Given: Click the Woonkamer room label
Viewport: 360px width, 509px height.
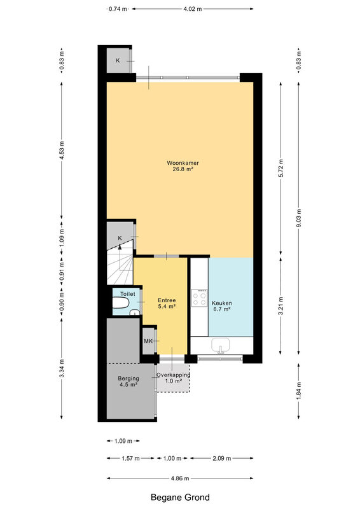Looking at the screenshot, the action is click(x=183, y=163).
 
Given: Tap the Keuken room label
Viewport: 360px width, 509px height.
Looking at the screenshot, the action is click(x=222, y=303).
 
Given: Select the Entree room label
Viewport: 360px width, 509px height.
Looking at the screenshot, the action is click(x=167, y=300).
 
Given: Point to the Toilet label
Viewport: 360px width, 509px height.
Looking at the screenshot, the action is click(x=128, y=294).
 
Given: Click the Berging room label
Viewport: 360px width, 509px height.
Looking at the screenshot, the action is click(x=128, y=379).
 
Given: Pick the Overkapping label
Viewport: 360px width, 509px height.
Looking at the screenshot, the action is click(x=174, y=375).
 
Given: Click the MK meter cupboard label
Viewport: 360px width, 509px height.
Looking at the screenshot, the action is click(x=148, y=341).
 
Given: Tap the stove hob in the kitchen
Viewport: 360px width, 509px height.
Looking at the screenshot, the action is click(x=200, y=298).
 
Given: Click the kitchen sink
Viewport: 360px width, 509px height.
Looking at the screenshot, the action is click(x=221, y=345).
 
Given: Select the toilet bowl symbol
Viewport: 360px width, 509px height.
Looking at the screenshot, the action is click(x=120, y=303).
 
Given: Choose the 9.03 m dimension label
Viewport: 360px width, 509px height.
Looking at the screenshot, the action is click(x=299, y=218).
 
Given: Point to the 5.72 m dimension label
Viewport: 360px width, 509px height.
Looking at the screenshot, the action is click(x=281, y=168).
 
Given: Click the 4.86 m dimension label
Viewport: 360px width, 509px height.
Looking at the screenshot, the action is click(x=180, y=478).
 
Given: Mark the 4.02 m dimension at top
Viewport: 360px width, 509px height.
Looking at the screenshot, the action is click(x=193, y=9).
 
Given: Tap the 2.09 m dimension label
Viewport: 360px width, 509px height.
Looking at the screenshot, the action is click(x=222, y=458).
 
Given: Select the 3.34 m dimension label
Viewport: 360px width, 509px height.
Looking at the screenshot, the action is click(x=62, y=368).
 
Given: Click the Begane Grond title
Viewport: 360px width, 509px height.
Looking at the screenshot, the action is click(x=180, y=498).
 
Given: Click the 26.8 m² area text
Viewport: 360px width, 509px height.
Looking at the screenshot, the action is click(x=183, y=169).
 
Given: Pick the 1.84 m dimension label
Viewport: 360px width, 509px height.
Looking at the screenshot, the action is click(x=299, y=391).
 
